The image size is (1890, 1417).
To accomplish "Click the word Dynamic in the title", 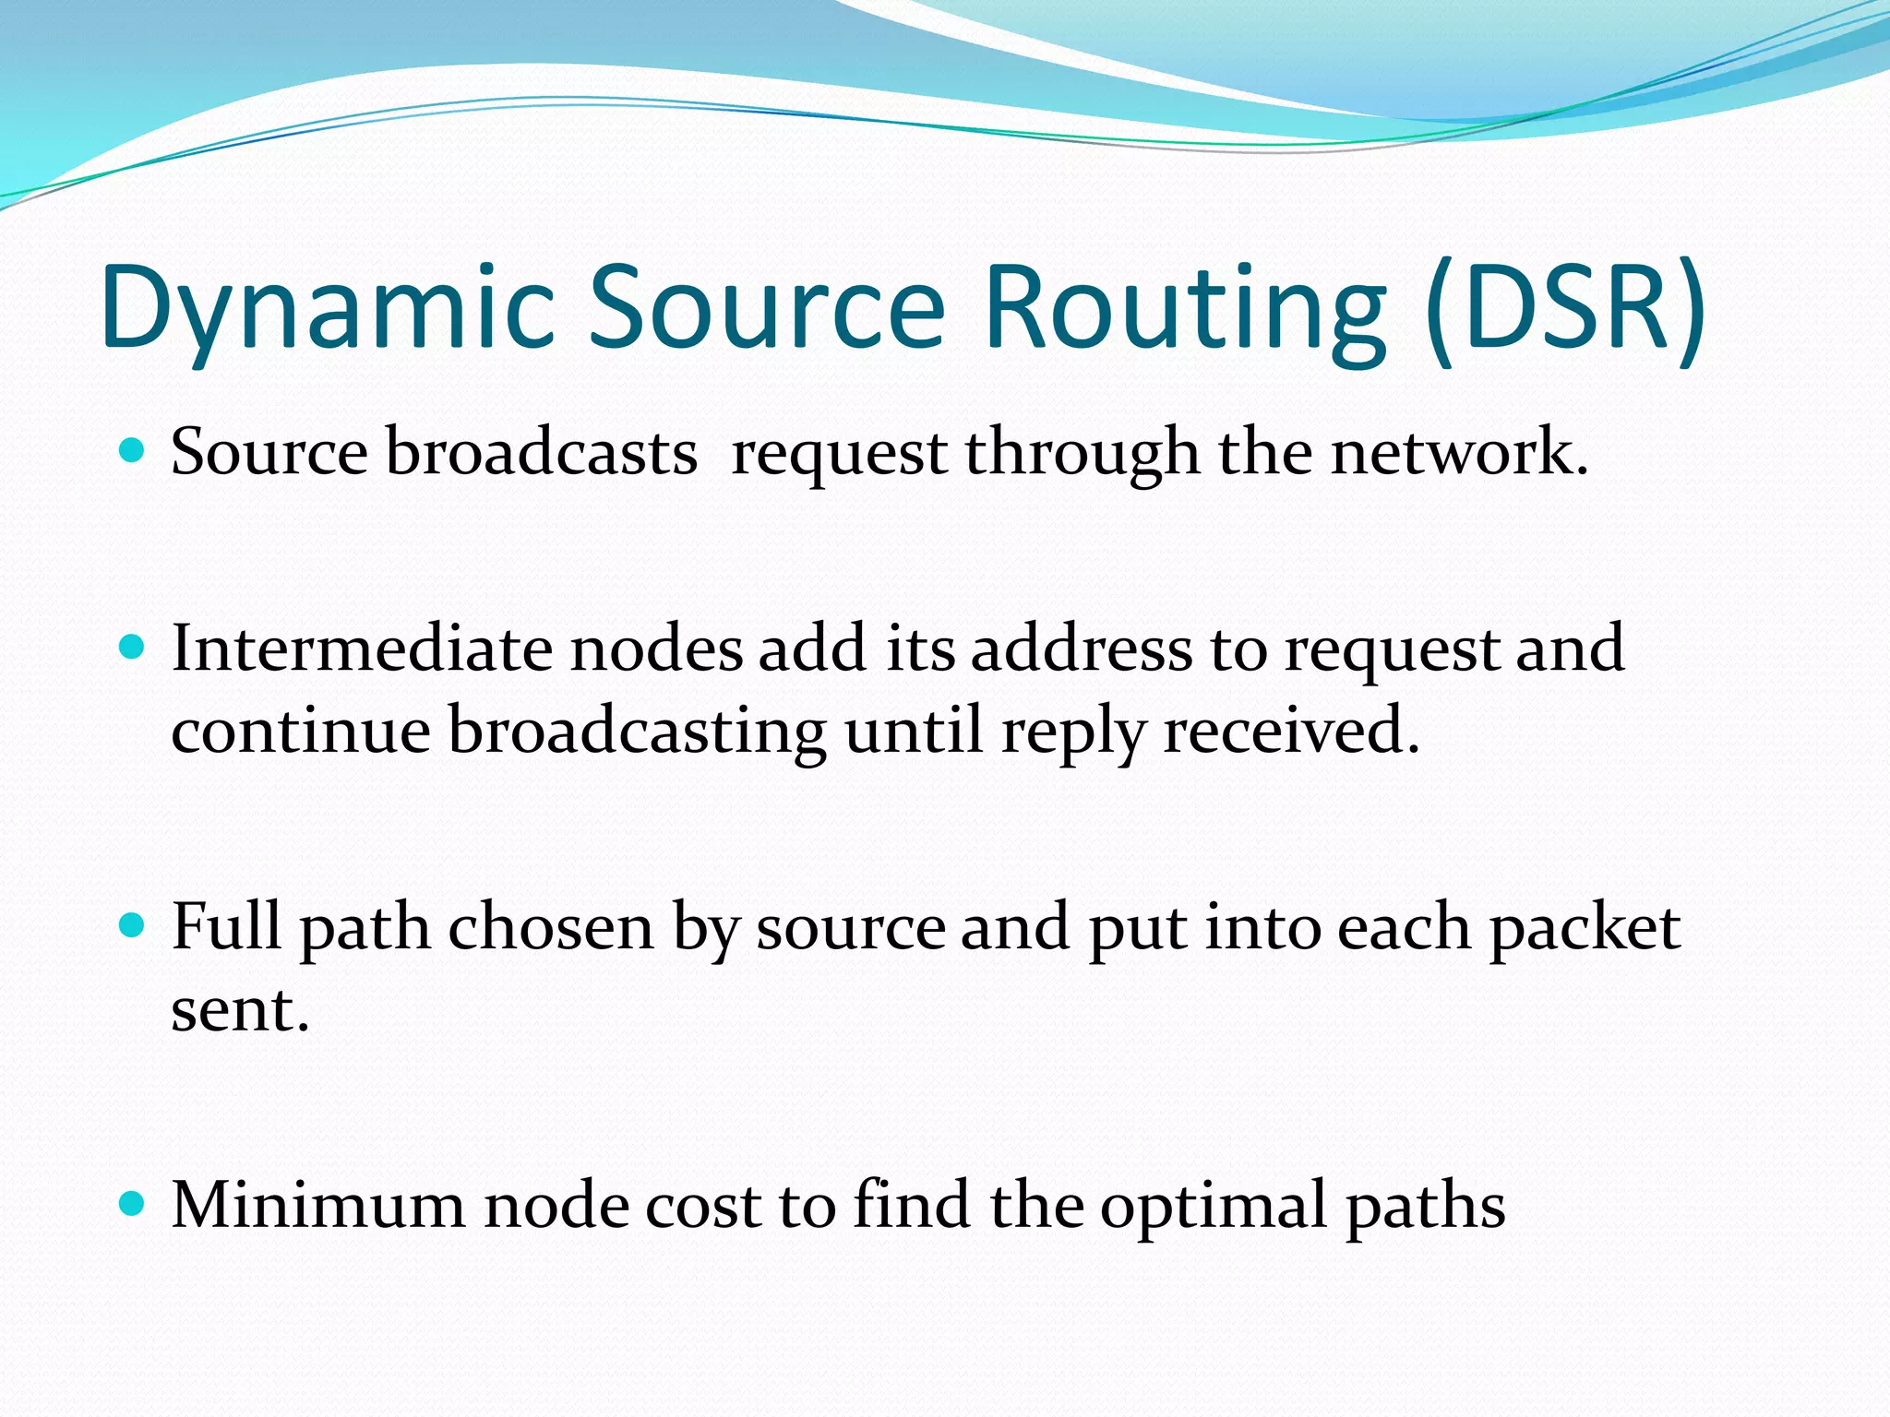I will pos(328,309).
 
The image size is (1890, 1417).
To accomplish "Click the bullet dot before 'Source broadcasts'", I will pos(133,451).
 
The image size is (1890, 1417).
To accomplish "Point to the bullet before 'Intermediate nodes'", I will pos(133,648).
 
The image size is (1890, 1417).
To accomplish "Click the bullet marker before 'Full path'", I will pos(133,925).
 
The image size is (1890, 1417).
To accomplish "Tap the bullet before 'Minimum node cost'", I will pos(133,1204).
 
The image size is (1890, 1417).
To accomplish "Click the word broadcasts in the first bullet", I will pos(541,453).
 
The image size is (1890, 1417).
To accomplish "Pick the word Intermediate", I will pos(360,649).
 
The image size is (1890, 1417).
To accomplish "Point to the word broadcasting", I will pos(637,732).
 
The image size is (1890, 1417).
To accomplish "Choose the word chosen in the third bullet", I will pos(551,927).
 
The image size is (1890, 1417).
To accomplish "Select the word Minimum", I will pos(318,1206).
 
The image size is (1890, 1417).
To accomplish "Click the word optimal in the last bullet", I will pos(1213,1206).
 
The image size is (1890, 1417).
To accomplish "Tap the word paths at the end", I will pos(1425,1206).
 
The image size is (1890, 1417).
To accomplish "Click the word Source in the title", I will pos(767,309).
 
